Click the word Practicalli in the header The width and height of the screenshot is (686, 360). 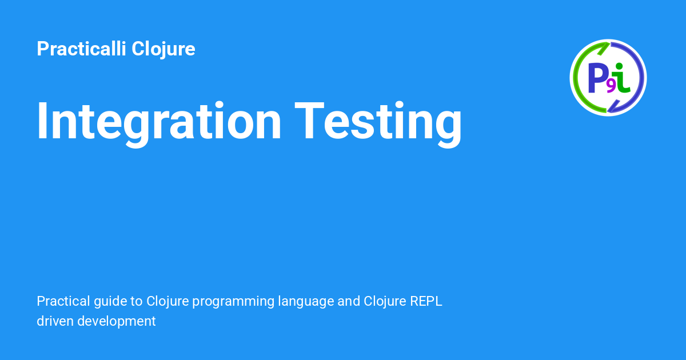[x=82, y=49]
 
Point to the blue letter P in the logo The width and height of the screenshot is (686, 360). [x=598, y=78]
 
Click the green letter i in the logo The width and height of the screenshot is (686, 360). [x=623, y=79]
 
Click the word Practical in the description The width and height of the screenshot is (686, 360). [x=61, y=301]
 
